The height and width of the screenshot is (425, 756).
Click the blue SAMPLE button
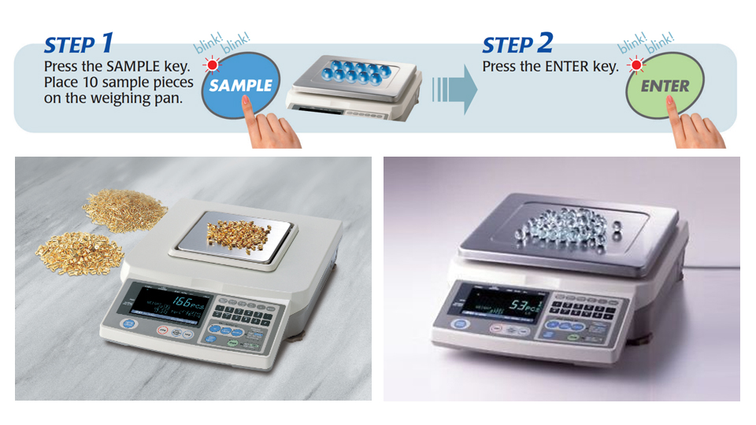(x=239, y=84)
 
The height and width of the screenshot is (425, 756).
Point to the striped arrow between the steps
(x=458, y=88)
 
